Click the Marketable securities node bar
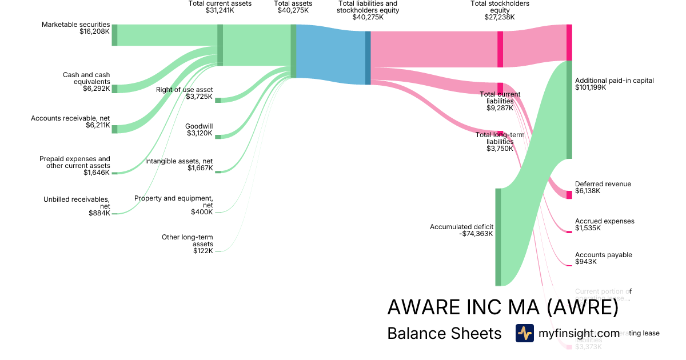[x=114, y=35]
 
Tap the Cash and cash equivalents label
[x=86, y=78]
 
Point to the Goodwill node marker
[x=217, y=137]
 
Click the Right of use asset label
[x=185, y=90]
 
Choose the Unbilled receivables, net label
[x=77, y=203]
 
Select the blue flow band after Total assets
[x=330, y=54]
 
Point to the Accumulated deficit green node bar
[x=498, y=236]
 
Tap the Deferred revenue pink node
[x=569, y=195]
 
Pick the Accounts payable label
[x=603, y=255]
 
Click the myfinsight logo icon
[x=525, y=333]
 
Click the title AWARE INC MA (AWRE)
[x=502, y=307]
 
